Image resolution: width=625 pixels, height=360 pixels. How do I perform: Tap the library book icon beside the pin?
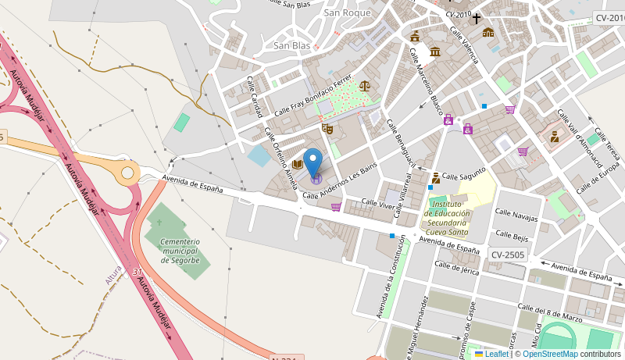(297, 164)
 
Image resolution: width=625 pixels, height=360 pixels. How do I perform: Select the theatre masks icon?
(327, 128)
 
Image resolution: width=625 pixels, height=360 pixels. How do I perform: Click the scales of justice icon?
(365, 86)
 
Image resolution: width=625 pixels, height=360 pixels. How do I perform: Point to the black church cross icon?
(476, 18)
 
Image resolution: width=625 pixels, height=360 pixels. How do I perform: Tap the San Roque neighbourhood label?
(346, 12)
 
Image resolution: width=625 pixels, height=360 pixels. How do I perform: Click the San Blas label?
(291, 45)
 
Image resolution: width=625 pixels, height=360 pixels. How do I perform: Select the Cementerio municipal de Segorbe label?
(180, 251)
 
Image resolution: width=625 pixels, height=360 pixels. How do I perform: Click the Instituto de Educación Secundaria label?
(447, 218)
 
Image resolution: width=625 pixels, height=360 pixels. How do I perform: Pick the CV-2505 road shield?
(508, 255)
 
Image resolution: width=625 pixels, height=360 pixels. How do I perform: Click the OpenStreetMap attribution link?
(550, 354)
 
